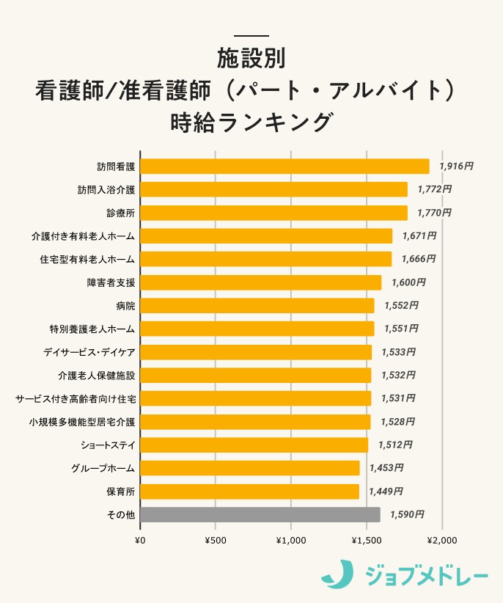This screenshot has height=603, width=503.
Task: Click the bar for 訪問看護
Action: (284, 167)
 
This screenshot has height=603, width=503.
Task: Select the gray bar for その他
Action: (260, 515)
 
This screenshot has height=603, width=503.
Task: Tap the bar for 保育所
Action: (250, 491)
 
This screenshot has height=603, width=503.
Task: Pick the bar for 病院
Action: (257, 306)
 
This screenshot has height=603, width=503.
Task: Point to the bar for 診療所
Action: (273, 213)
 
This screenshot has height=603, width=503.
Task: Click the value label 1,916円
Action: (455, 167)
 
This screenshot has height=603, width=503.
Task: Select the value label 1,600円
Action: (408, 282)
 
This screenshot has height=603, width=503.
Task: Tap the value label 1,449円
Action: (386, 491)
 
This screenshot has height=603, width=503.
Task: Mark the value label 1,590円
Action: (406, 515)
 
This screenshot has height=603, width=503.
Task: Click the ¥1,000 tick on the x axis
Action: (291, 540)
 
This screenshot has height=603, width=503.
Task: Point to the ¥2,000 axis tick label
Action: (441, 540)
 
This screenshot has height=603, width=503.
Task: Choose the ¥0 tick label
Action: (141, 540)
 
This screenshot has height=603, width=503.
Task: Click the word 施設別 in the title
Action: (251, 59)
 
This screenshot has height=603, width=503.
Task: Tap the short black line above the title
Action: (251, 36)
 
